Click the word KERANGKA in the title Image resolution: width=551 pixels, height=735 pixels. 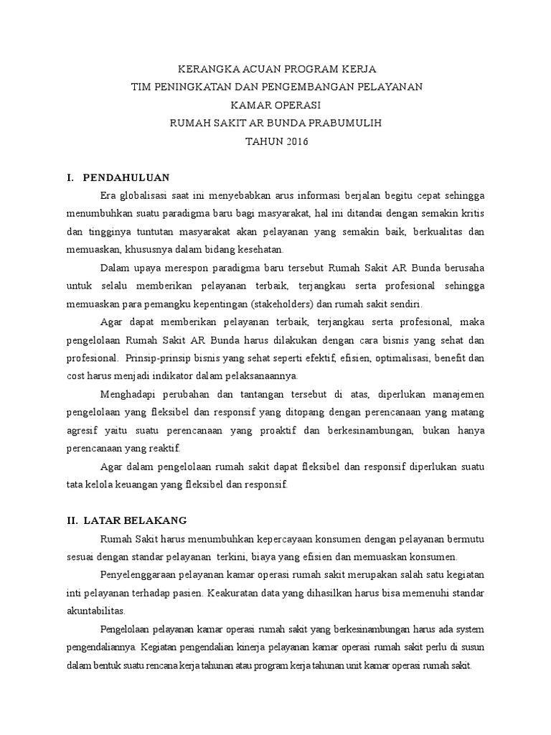(207, 69)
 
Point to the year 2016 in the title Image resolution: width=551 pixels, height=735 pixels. (295, 141)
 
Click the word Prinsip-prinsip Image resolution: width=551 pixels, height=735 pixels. (154, 357)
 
